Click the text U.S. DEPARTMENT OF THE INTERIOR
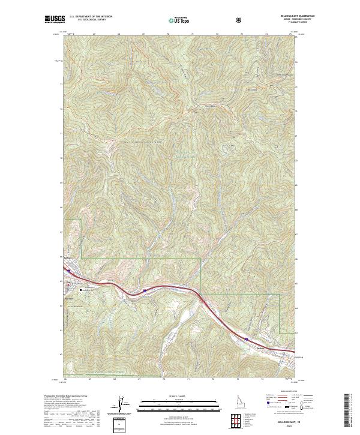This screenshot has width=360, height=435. [90, 17]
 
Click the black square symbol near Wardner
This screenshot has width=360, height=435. [69, 285]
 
